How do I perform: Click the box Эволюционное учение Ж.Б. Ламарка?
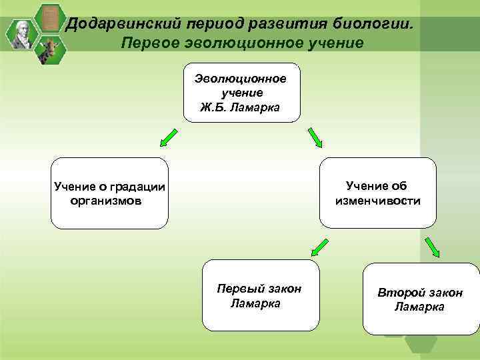click(x=241, y=93)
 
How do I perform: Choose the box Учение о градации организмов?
click(x=110, y=193)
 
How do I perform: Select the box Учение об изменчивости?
click(x=378, y=193)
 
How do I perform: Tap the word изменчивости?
click(x=378, y=200)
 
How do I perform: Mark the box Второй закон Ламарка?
click(x=421, y=299)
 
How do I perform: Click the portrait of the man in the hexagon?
click(x=22, y=33)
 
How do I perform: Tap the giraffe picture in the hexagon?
click(x=48, y=51)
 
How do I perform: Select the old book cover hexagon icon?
click(x=48, y=17)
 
